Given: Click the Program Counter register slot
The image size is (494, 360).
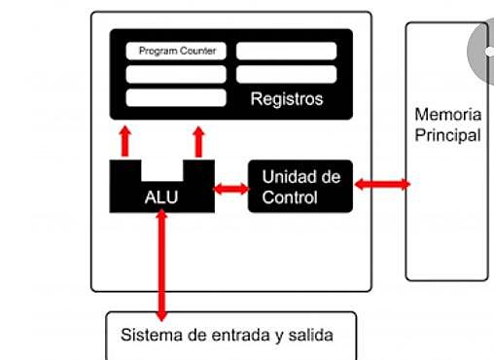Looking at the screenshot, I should [176, 51].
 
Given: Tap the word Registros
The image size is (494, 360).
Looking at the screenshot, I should [286, 99].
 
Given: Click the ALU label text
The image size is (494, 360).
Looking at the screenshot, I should [161, 198].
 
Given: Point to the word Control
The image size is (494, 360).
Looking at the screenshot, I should [290, 198].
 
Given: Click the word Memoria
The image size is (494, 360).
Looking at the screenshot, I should [447, 115].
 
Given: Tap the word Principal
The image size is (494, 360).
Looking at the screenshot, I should [447, 135].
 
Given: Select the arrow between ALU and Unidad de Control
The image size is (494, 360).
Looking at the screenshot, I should [230, 188].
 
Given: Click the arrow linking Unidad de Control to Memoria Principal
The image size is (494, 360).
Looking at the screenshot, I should [382, 183].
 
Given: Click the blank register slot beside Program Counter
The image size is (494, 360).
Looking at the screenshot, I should [287, 51].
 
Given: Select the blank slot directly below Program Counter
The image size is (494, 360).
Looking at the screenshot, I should [176, 74].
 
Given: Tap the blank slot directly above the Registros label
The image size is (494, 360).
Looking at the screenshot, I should [287, 74].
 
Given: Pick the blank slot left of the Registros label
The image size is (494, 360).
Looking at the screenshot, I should [176, 97].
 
